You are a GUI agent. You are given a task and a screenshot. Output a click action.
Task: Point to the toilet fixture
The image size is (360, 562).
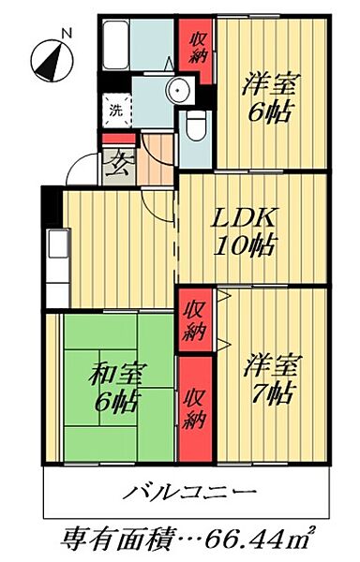point(195,123)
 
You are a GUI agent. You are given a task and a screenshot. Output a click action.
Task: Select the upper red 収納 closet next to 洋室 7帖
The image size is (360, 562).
point(196,319)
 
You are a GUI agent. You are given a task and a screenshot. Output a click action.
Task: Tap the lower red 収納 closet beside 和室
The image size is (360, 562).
point(195,408)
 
